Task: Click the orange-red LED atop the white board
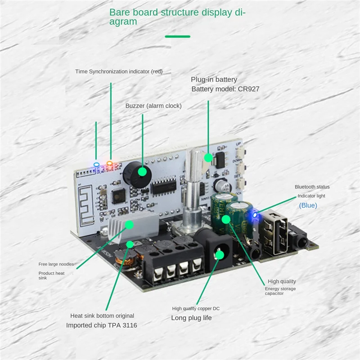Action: [109, 163]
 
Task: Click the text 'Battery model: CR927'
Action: [225, 89]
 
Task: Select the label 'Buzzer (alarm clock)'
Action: [153, 106]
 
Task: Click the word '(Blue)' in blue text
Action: [308, 205]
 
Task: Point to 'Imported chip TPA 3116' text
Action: [102, 325]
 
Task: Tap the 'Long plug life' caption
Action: [191, 318]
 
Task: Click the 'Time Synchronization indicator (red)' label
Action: [119, 71]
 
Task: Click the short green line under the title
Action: [177, 36]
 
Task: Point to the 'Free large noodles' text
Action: [56, 264]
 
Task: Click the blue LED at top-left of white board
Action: [95, 164]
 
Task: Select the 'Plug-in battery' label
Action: [214, 80]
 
